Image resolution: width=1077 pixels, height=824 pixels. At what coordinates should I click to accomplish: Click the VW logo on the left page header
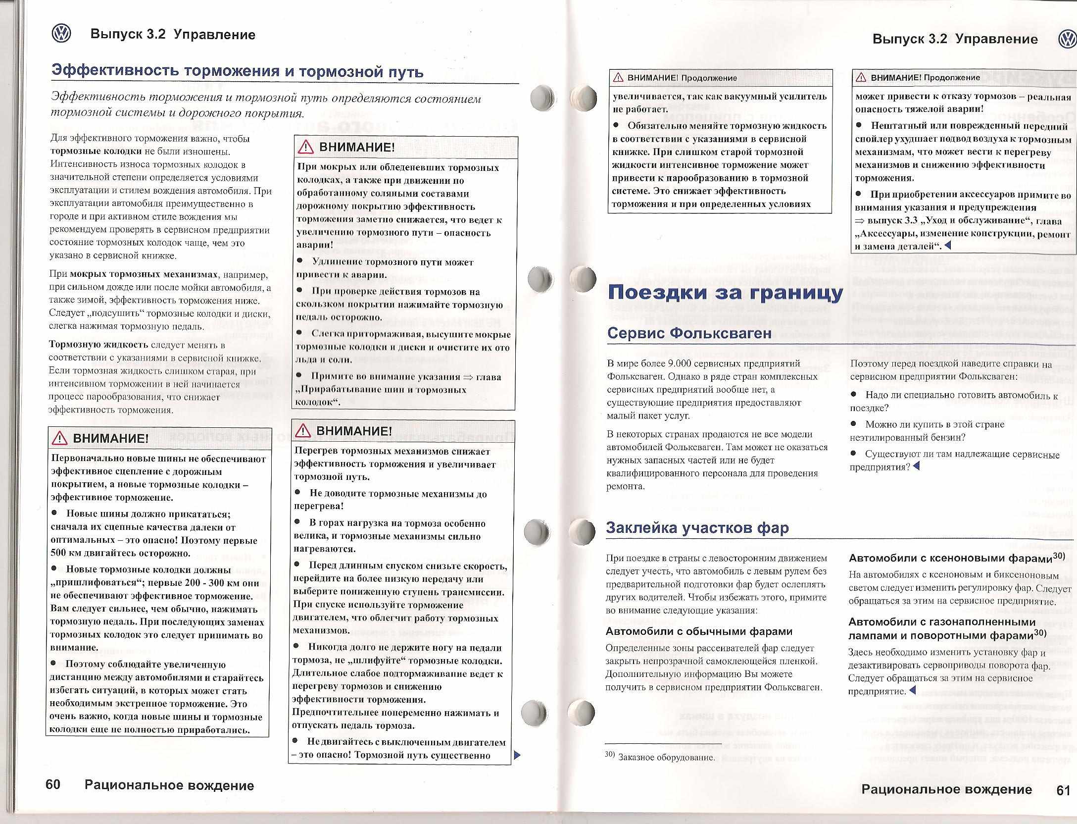[61, 34]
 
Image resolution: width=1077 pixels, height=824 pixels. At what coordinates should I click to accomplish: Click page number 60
[53, 784]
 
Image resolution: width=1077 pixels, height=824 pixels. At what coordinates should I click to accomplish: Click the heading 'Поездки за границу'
[725, 292]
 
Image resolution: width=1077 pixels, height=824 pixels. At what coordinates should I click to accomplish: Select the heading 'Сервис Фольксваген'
[689, 333]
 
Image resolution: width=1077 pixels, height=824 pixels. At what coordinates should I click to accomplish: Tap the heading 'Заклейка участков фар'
[697, 528]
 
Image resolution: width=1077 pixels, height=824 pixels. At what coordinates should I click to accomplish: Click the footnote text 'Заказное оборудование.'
[667, 757]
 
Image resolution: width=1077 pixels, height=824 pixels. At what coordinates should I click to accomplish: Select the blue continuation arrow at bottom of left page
[517, 755]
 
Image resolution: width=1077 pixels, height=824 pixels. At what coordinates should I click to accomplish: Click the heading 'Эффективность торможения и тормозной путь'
[238, 72]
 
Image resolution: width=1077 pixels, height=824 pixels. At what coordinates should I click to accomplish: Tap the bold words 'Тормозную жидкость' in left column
[98, 345]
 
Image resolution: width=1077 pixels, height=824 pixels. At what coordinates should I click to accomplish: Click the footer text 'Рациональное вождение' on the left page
[169, 785]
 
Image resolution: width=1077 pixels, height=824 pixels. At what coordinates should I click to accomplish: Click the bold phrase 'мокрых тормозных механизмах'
[144, 274]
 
